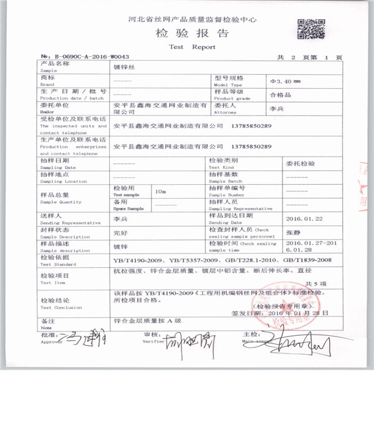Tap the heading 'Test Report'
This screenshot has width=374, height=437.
(192, 47)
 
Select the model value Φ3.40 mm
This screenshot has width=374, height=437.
(285, 82)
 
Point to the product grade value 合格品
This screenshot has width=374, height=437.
(280, 96)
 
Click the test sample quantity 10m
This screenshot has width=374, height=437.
(160, 191)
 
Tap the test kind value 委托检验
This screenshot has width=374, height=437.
(300, 163)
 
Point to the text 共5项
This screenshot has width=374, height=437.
(324, 283)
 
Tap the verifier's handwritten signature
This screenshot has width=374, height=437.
(189, 344)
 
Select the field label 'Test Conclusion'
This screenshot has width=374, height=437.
(60, 308)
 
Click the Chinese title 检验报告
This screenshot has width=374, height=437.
(192, 32)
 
